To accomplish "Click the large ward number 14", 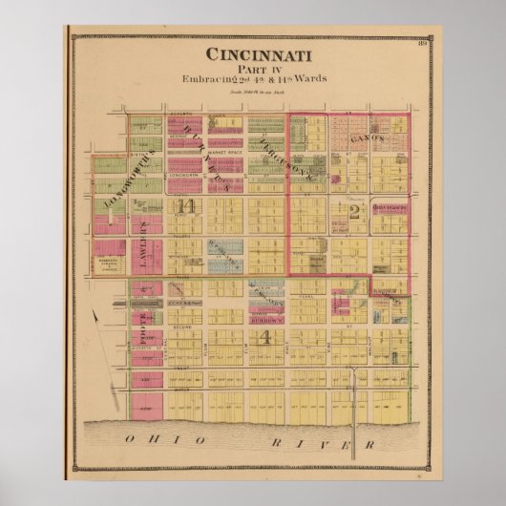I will click(x=180, y=206).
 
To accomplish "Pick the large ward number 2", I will click(x=354, y=212).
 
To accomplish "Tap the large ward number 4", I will click(x=268, y=337).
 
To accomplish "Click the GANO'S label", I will click(x=368, y=140).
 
